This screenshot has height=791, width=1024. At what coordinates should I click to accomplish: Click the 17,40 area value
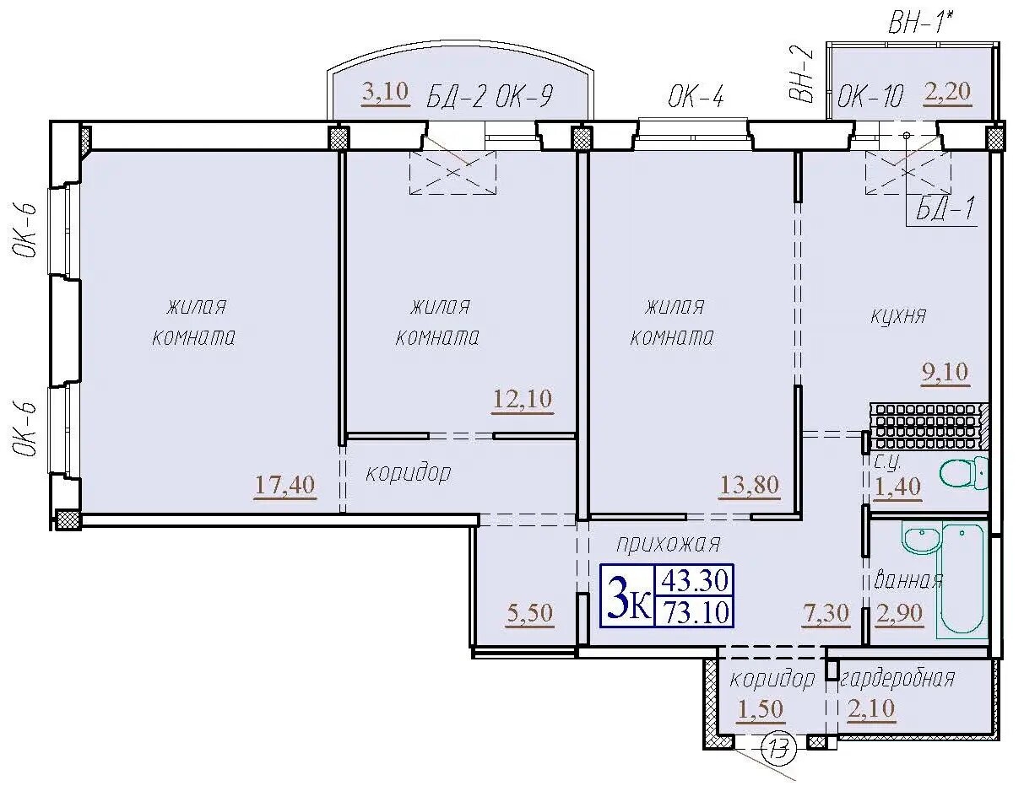click(x=285, y=485)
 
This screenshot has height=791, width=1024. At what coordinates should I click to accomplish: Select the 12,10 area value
click(x=523, y=399)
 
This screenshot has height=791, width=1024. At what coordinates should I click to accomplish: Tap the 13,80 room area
click(x=750, y=485)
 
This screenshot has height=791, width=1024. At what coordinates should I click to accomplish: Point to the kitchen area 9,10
click(x=945, y=372)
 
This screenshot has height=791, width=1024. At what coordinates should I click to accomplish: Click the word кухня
click(x=898, y=315)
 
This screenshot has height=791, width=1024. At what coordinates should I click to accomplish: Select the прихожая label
click(x=669, y=545)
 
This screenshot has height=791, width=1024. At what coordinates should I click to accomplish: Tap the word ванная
click(x=908, y=581)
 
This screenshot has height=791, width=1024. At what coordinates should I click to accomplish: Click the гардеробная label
click(x=897, y=679)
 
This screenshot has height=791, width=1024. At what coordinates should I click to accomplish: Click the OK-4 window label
click(x=696, y=98)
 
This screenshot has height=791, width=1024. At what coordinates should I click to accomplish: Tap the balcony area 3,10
click(x=385, y=92)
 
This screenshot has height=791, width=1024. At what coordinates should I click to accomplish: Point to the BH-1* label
click(x=921, y=23)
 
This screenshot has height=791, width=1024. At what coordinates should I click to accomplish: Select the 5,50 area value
click(x=529, y=613)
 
